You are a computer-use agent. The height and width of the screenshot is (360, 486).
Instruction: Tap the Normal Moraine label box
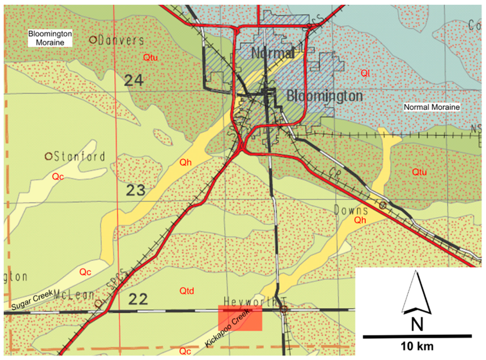point(431,108)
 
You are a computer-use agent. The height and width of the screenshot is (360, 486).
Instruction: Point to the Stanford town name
point(79,156)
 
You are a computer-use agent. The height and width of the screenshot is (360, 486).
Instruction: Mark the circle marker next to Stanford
point(48,156)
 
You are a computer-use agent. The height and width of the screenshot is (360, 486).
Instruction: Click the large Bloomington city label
point(325,96)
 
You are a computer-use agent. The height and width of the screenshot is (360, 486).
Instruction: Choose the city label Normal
point(272,53)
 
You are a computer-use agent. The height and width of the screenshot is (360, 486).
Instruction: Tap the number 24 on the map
point(134,81)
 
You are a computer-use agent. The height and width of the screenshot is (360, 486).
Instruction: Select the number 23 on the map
point(136,191)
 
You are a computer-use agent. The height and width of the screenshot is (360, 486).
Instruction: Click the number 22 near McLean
point(138,299)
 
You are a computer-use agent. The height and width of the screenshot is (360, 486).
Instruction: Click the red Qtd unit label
point(187,290)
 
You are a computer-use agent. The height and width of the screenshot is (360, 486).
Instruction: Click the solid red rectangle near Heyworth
point(240,318)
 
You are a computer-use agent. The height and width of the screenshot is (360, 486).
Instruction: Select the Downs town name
point(351,210)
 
